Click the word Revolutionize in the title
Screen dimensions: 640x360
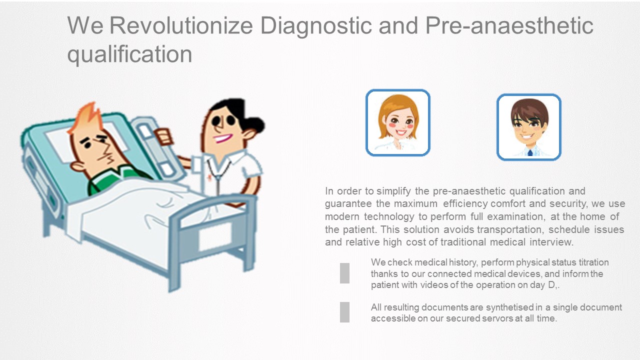point(181,25)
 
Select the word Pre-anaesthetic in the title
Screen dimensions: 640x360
point(509,25)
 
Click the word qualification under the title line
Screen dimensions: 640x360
point(129,55)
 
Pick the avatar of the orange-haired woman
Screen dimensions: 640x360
point(398,122)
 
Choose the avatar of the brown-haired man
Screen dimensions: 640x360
point(529,127)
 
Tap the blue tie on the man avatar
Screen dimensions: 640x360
point(530,153)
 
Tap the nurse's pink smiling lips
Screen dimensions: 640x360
point(222,138)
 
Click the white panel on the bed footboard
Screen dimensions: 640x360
point(215,236)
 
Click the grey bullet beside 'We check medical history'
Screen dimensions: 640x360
point(344,273)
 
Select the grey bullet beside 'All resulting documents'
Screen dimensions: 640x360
point(344,312)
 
